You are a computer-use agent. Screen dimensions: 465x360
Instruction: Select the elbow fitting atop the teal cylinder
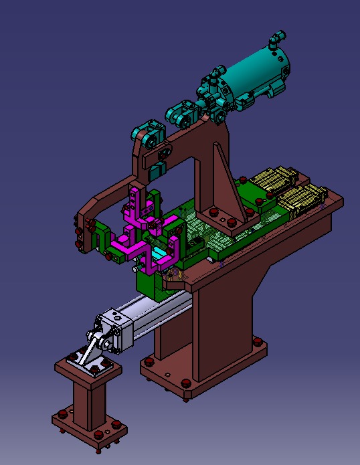click(x=276, y=42)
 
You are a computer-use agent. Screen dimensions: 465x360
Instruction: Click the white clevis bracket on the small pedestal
click(x=90, y=354)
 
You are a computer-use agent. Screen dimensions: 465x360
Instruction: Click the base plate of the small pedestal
click(x=90, y=428)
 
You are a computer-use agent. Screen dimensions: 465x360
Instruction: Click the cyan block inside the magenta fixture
click(x=161, y=254)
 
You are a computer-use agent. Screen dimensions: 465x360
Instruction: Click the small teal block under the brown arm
click(x=155, y=171)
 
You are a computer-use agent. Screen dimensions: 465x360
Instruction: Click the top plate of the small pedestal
click(x=87, y=367)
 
